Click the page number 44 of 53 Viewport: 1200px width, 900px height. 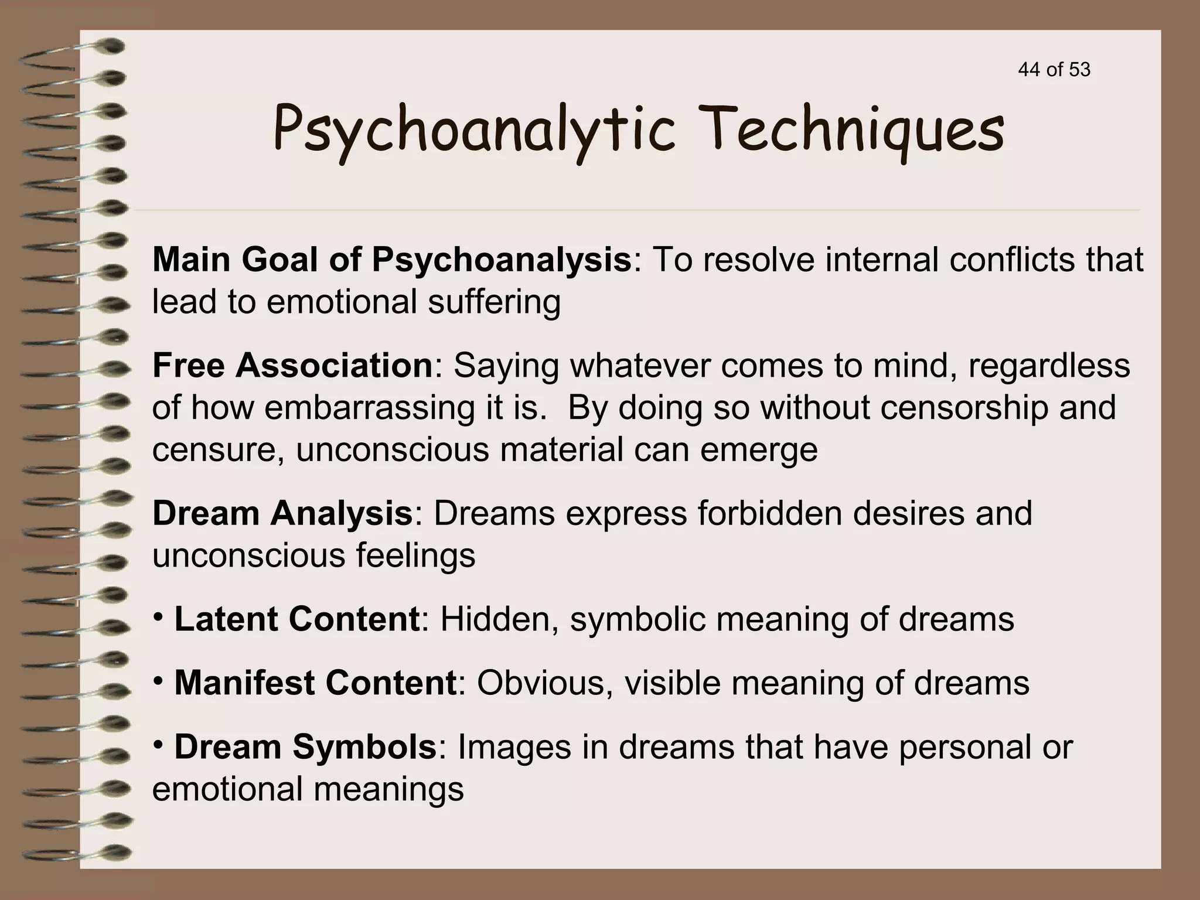(x=1054, y=70)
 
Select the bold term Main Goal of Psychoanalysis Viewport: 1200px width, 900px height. (x=391, y=260)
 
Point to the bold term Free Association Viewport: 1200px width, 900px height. (x=292, y=366)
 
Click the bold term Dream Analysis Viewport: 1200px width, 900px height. (x=282, y=513)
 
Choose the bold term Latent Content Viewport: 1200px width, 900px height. (x=296, y=619)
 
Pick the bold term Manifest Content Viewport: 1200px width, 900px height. (x=315, y=683)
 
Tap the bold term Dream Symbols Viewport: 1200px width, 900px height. (x=305, y=747)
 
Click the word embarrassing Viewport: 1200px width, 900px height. (x=369, y=408)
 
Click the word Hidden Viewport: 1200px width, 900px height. (x=499, y=619)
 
